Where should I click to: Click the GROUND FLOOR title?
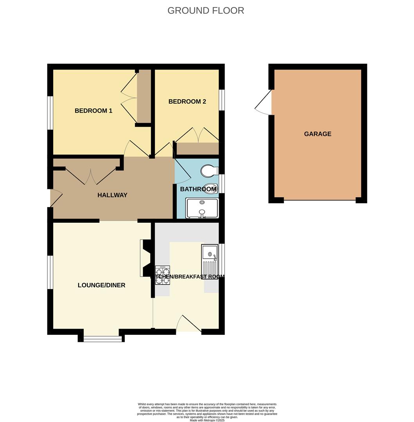click(x=205, y=11)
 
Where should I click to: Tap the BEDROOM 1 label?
click(x=94, y=111)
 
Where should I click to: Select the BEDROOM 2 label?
click(x=187, y=102)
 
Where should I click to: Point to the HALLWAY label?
click(x=112, y=195)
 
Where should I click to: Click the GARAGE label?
click(x=317, y=134)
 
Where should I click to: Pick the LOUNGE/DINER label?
click(x=101, y=285)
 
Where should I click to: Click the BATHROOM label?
click(x=198, y=189)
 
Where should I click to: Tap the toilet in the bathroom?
click(x=209, y=171)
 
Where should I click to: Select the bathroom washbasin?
click(x=210, y=188)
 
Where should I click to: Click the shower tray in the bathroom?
click(x=202, y=208)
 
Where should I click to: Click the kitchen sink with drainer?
click(x=210, y=260)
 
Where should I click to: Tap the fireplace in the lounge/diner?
click(x=146, y=258)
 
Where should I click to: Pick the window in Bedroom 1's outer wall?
click(x=50, y=113)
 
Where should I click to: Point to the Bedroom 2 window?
click(x=222, y=100)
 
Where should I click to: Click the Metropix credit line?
click(x=207, y=420)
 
